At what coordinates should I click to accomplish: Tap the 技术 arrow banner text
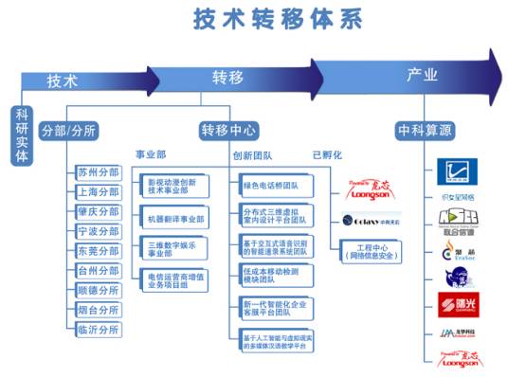63,81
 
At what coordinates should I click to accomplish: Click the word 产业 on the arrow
422,74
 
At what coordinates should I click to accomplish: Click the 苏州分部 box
98,171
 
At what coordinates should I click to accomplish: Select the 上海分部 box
98,191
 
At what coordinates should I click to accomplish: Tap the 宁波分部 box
98,230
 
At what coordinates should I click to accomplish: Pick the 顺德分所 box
98,290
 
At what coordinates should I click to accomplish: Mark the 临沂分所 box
98,329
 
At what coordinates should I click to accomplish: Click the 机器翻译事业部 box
174,219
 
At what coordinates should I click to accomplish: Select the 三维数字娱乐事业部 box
174,248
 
